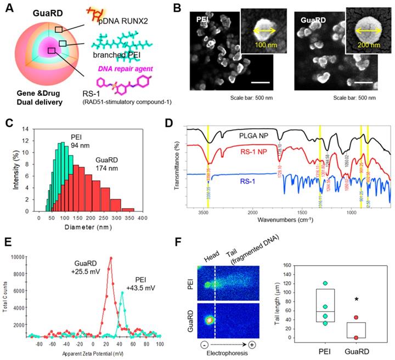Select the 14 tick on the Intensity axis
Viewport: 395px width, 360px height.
[x=30, y=129]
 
